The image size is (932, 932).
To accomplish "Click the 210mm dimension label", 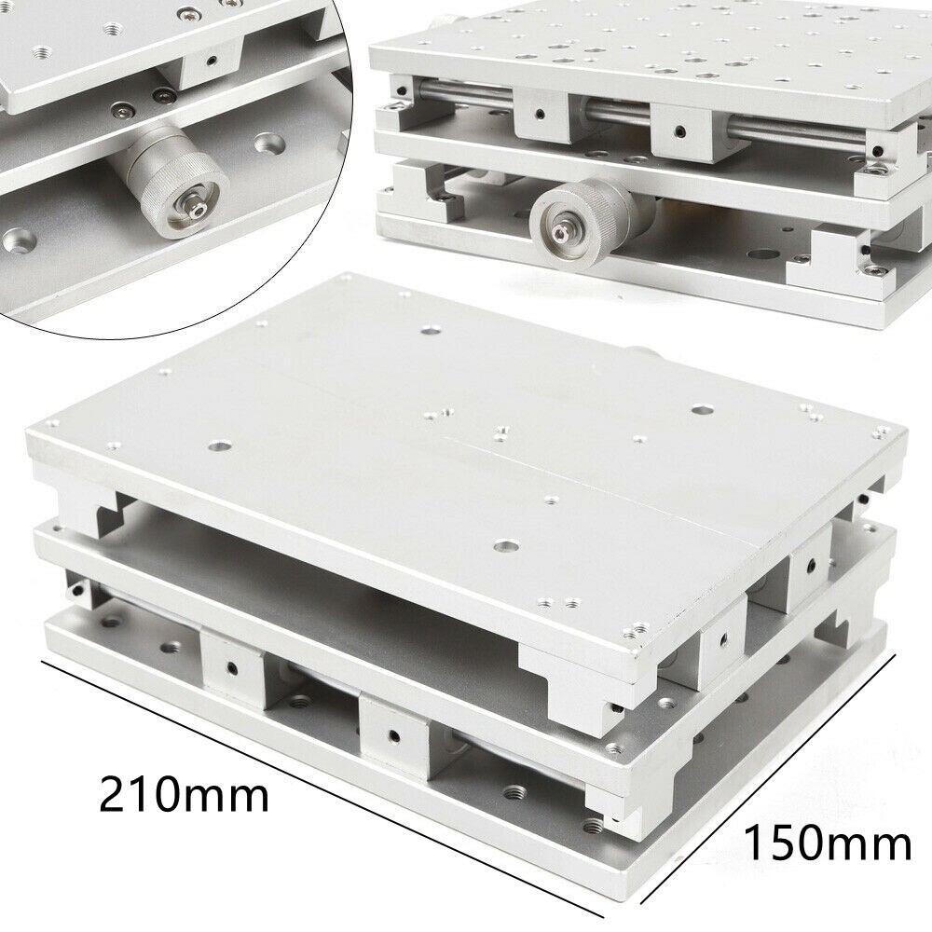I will [184, 794].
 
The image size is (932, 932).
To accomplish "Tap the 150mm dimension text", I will [827, 844].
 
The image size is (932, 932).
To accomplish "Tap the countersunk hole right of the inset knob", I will [271, 144].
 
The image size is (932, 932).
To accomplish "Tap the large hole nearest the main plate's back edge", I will [431, 329].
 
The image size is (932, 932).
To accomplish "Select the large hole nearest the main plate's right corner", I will [700, 409].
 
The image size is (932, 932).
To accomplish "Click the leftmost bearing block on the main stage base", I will [229, 665].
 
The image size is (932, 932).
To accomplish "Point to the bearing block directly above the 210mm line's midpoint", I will [391, 736].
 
